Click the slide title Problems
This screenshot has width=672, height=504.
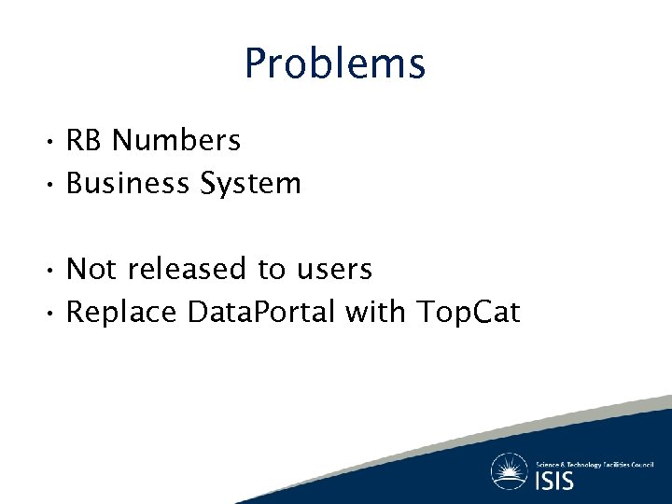point(335,64)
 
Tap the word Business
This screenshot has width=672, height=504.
point(129,183)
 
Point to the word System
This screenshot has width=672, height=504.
point(251,185)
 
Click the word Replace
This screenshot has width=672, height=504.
point(121,313)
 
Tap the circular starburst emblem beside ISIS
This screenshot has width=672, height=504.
point(510,471)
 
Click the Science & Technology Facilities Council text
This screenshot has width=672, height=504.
point(595,463)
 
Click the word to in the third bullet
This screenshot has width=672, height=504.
point(272,269)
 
